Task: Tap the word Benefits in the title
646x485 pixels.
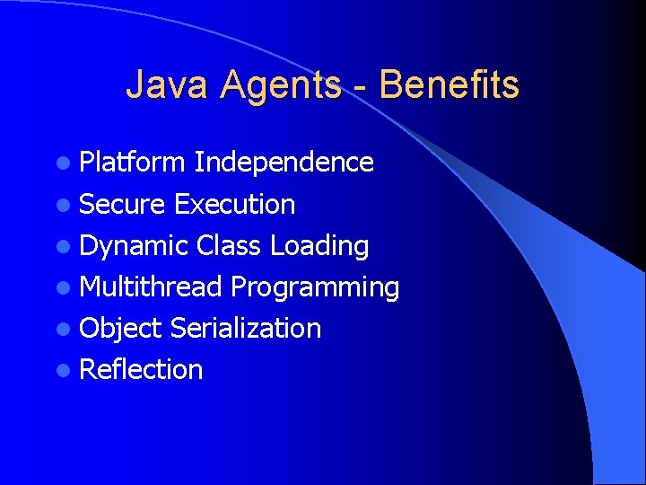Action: click(449, 85)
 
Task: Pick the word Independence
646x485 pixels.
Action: click(284, 163)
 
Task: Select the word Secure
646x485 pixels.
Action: click(122, 204)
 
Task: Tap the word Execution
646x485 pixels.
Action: click(234, 204)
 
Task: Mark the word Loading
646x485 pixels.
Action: click(319, 246)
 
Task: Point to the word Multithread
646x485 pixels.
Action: click(151, 287)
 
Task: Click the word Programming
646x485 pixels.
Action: click(315, 287)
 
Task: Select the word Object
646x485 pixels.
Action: click(120, 328)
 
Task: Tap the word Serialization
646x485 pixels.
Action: click(245, 328)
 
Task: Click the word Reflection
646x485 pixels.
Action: click(141, 369)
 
